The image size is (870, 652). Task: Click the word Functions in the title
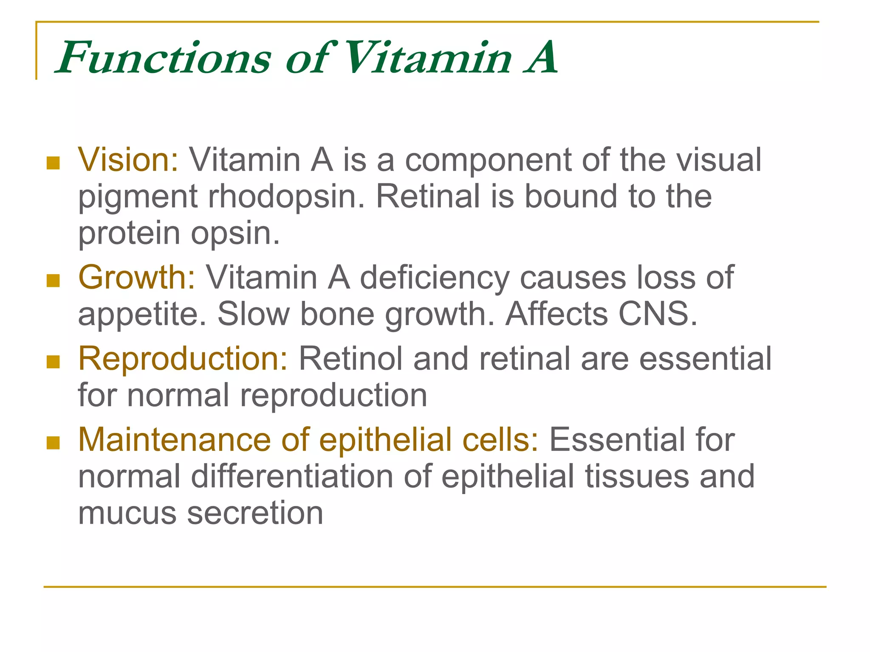point(164,58)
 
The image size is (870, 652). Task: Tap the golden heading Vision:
point(128,160)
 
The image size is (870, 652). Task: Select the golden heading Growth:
point(137,278)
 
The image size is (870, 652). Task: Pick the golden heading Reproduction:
point(183,359)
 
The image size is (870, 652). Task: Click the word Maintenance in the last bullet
point(174,440)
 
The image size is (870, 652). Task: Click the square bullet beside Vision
point(53,163)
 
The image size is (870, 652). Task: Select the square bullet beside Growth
point(53,281)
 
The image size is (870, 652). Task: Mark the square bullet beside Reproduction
point(53,362)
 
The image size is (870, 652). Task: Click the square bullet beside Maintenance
point(53,443)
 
